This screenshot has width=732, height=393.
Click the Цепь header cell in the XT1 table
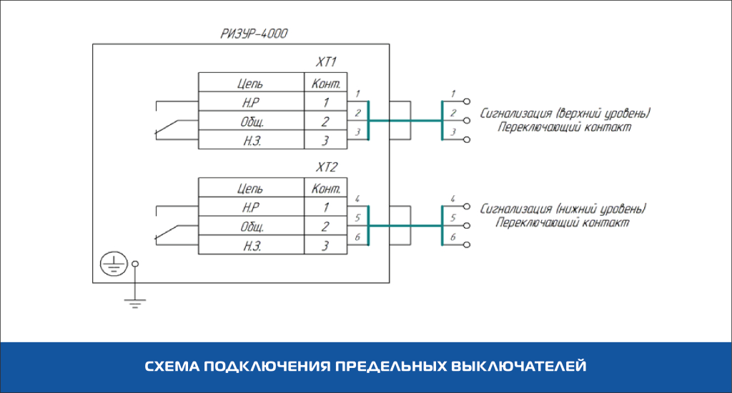250,83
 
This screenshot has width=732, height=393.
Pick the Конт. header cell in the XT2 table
326,189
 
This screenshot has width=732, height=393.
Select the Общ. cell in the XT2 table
250,227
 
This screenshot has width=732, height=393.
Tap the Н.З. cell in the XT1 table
250,140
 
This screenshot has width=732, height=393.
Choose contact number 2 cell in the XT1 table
326,121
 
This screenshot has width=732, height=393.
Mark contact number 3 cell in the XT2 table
326,247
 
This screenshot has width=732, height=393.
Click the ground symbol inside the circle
111,265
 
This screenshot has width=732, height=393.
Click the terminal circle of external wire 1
467,102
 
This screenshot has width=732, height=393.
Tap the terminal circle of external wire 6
467,245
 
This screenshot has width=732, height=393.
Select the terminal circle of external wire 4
467,207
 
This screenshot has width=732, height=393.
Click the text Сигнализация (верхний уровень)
565,114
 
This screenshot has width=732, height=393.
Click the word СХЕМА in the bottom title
172,367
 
